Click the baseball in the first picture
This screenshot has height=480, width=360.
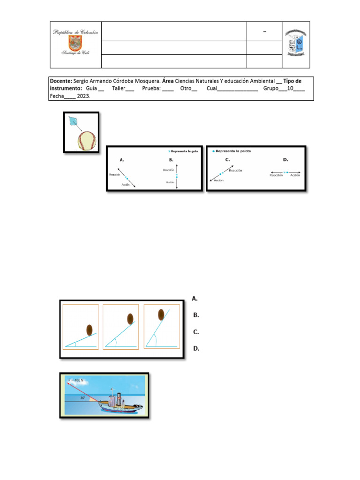click(87, 140)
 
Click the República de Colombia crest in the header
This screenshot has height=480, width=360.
click(75, 44)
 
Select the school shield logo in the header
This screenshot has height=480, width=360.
click(296, 45)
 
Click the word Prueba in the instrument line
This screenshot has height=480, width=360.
click(150, 89)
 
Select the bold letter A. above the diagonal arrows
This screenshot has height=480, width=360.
click(122, 160)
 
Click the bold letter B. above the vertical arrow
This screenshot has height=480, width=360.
click(172, 160)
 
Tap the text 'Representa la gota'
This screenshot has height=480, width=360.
click(185, 151)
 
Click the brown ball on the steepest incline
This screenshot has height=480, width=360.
click(161, 314)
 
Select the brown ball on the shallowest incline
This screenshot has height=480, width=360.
click(89, 329)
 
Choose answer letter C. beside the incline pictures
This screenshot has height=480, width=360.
click(196, 331)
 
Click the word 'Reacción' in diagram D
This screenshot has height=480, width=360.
click(276, 175)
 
